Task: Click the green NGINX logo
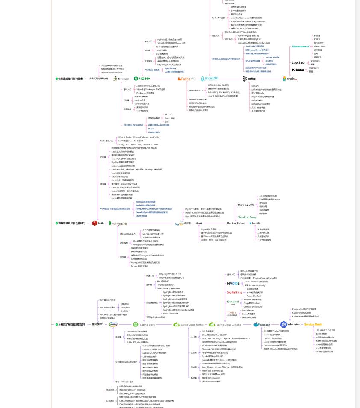(x=142, y=79)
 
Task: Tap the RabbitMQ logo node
(x=186, y=79)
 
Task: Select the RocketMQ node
(x=210, y=79)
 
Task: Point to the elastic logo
(x=290, y=79)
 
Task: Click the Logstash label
(x=298, y=62)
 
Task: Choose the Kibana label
(x=298, y=70)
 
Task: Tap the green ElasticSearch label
(x=300, y=47)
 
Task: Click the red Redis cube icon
(x=95, y=223)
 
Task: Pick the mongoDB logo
(x=118, y=223)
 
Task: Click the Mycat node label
(x=199, y=223)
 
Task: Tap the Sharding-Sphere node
(x=235, y=223)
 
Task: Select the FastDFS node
(x=256, y=223)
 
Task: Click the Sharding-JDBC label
(x=245, y=205)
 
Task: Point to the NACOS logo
(x=233, y=283)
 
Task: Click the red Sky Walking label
(x=235, y=292)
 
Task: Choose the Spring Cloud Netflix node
(x=188, y=325)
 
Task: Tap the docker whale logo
(x=262, y=325)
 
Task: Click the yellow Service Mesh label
(x=313, y=325)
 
